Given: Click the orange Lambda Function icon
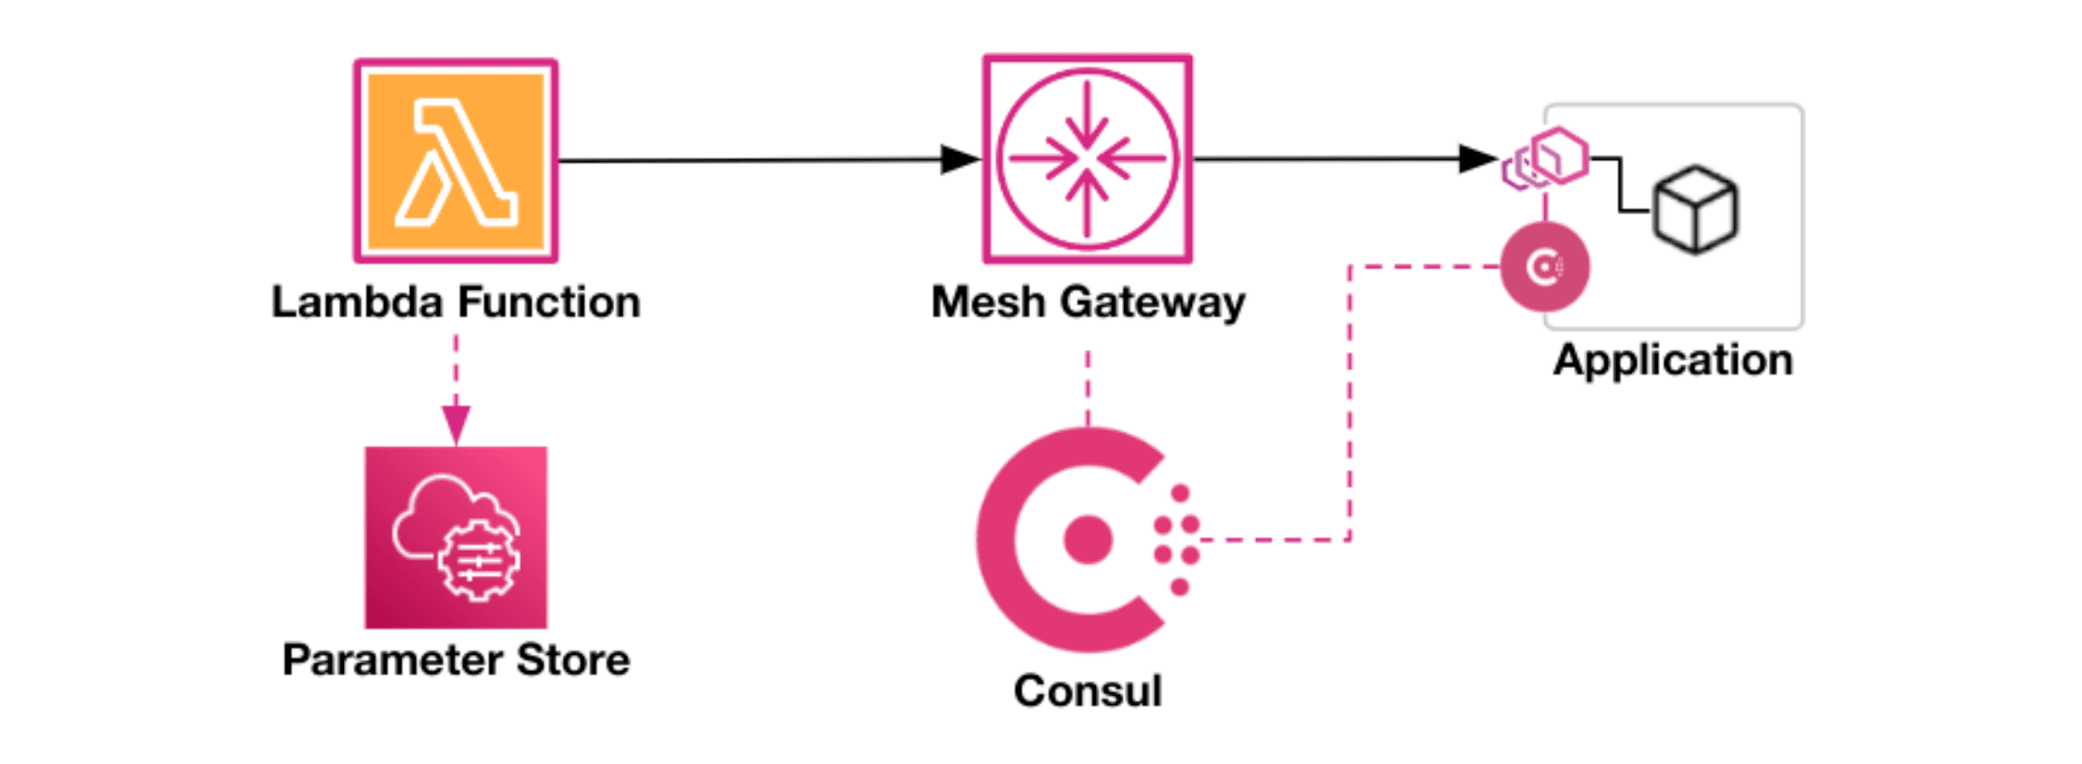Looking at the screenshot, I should tap(456, 161).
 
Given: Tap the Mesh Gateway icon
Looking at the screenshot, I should tap(1088, 159).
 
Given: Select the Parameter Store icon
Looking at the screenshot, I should tap(456, 538).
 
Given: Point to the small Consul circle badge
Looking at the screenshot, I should tap(1544, 267).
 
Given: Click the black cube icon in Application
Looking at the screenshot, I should tap(1695, 210).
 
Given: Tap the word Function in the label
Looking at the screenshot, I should tap(549, 302).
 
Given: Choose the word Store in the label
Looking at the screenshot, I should tap(573, 660).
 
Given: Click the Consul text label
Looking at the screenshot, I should tap(1088, 691).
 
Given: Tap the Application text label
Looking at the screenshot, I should tap(1673, 361).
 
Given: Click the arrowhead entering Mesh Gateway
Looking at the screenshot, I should tap(960, 159).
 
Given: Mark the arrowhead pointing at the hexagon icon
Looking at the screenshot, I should tap(1478, 158).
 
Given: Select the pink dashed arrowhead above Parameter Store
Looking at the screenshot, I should tap(456, 426).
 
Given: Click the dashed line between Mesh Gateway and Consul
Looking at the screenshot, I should tap(1088, 387).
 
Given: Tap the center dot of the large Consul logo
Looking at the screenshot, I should tap(1088, 539).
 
